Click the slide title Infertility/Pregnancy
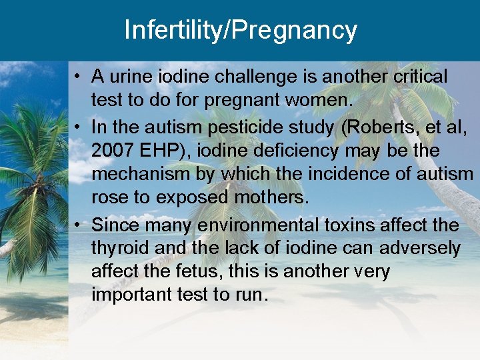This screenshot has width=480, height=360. click(x=240, y=30)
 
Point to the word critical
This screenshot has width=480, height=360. click(x=419, y=77)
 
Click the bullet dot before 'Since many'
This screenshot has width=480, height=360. click(x=79, y=225)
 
